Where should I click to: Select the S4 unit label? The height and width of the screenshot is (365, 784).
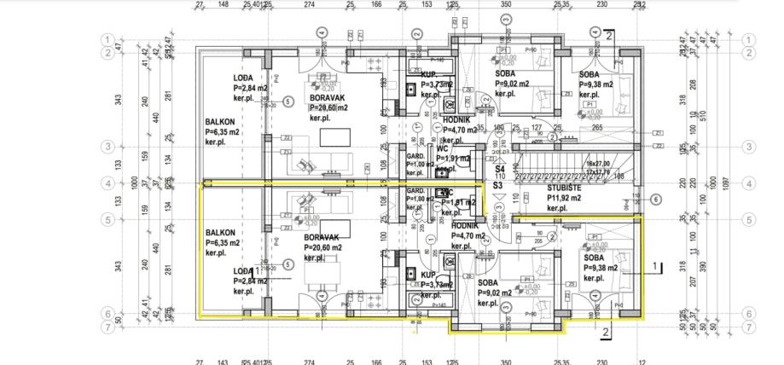pos(499,170)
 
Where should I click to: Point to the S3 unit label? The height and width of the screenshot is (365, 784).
pos(499,184)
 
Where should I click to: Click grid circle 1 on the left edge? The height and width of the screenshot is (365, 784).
pos(108,39)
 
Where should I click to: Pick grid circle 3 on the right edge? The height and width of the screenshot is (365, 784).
pos(750,147)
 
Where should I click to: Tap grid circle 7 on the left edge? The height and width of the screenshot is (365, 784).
pos(108,327)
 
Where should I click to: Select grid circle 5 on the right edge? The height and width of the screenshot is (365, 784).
pos(750,219)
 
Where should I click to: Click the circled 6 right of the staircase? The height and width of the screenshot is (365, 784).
pos(655,200)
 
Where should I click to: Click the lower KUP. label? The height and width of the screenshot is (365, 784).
pos(428,275)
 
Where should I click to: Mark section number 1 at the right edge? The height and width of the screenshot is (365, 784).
pos(653,265)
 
